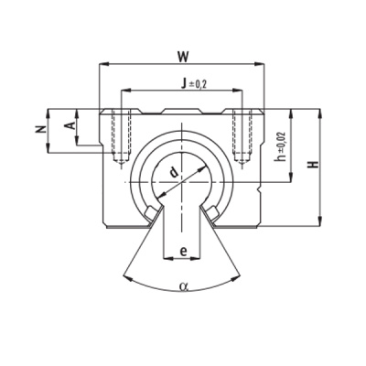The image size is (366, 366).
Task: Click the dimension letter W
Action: coord(183,57)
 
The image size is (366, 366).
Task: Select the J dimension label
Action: coord(183,83)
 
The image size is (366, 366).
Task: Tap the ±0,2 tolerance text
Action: coord(198,84)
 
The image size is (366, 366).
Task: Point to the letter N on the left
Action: coord(40,130)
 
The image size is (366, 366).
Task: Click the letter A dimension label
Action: coord(70,124)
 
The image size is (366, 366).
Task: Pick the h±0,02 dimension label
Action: coord(280,146)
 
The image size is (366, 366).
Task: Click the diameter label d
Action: coord(174,172)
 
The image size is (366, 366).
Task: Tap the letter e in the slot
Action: coord(183,252)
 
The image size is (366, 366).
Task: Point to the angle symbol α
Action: coord(183,286)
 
